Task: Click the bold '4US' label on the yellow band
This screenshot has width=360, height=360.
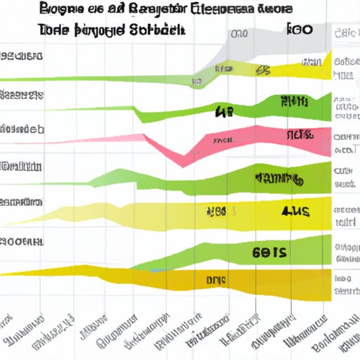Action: pyautogui.click(x=295, y=210)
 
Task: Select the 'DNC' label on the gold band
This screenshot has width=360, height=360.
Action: pyautogui.click(x=217, y=280)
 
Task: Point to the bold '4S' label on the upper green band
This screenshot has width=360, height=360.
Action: pyautogui.click(x=224, y=110)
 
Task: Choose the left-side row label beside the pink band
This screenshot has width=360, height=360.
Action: pyautogui.click(x=21, y=130)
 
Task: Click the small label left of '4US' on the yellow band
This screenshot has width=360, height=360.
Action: pyautogui.click(x=215, y=211)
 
